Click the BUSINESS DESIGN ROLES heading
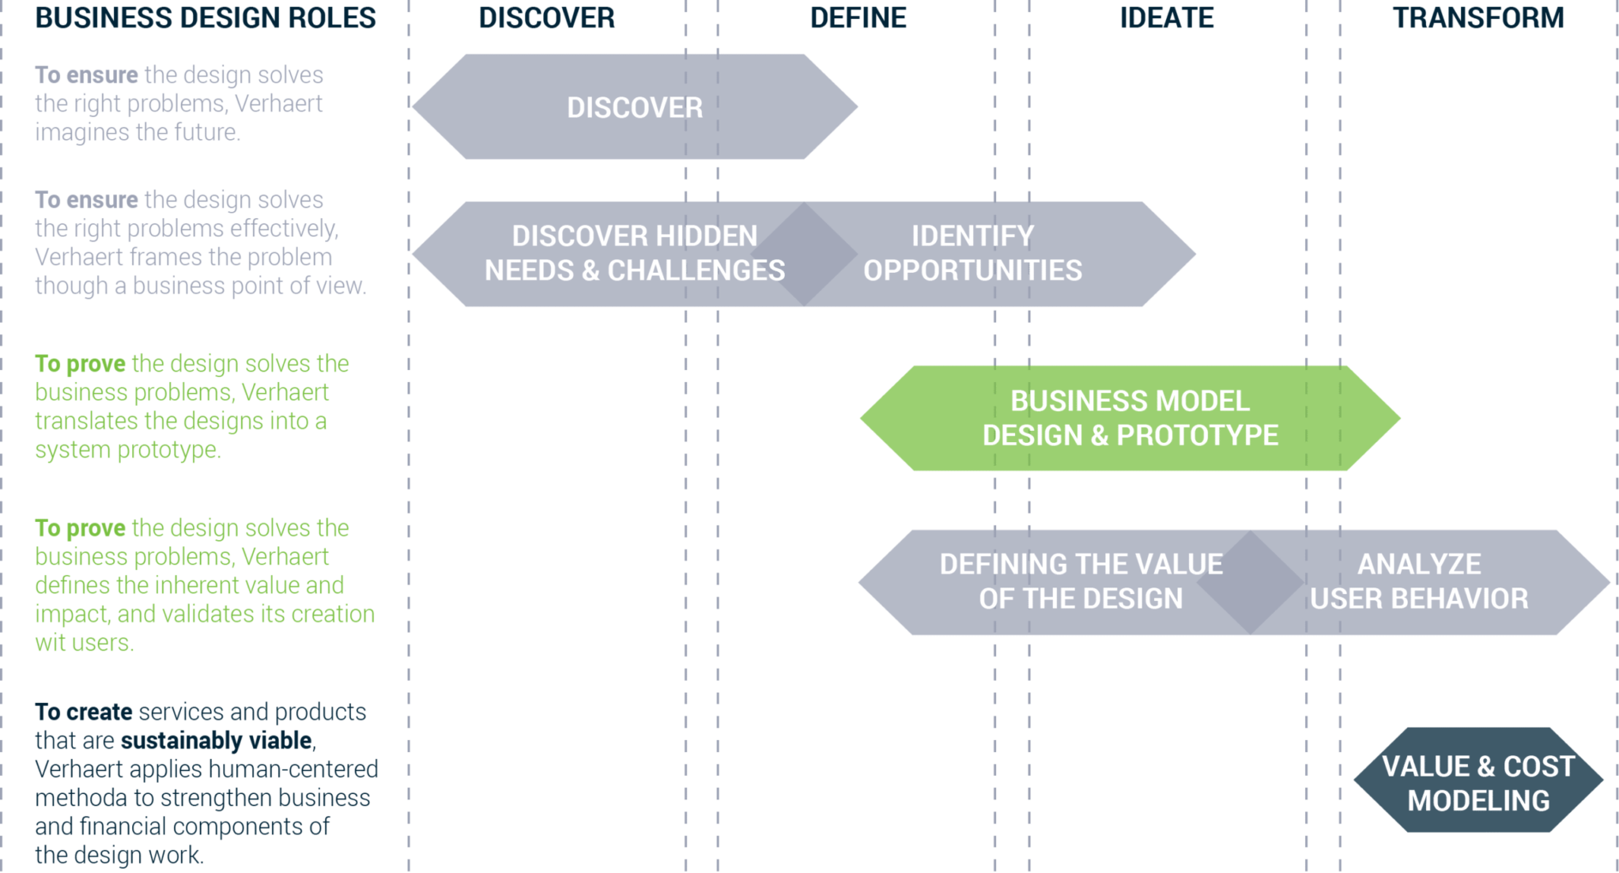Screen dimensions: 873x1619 click(x=206, y=18)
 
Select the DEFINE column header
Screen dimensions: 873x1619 click(x=858, y=18)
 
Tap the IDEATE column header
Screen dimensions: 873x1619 click(x=1167, y=18)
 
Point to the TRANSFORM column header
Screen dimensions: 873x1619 click(x=1478, y=18)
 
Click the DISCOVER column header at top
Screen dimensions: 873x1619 click(x=546, y=18)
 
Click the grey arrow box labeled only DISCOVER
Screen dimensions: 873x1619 click(x=635, y=108)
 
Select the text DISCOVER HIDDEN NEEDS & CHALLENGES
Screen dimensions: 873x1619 click(x=635, y=253)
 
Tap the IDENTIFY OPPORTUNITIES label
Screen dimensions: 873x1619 click(x=972, y=253)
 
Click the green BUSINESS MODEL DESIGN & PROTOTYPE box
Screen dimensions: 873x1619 click(x=1130, y=418)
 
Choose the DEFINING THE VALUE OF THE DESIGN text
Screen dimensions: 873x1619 click(x=1081, y=581)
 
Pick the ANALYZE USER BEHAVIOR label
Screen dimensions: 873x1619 click(x=1419, y=581)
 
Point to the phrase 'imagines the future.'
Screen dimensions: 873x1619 click(x=138, y=132)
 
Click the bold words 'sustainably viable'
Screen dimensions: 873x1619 click(x=217, y=741)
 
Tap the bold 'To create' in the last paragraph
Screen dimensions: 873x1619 click(x=84, y=712)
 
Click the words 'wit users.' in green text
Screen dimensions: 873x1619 click(x=84, y=643)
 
